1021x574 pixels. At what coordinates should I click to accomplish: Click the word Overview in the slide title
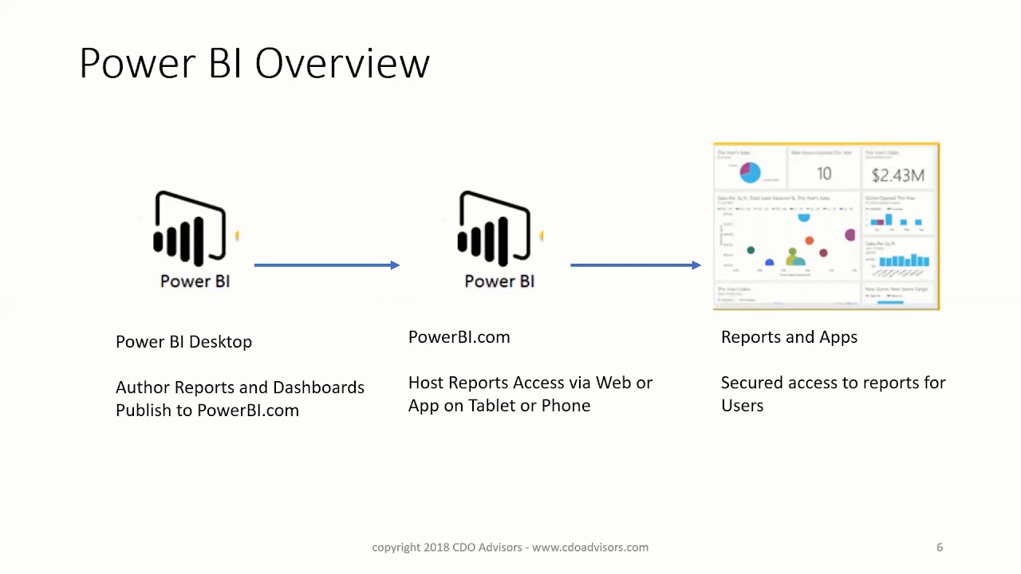tap(342, 63)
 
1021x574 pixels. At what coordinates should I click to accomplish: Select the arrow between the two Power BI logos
tap(327, 265)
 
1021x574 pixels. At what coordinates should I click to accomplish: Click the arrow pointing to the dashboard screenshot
tap(636, 265)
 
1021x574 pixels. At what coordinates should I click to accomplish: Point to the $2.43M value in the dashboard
tap(897, 175)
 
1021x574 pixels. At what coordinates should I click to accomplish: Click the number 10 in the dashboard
tap(824, 174)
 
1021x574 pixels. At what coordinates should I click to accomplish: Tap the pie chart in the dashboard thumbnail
tap(750, 172)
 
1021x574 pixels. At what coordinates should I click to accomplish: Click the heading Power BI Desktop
tap(183, 342)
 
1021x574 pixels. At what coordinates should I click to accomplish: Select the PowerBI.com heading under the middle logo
tap(459, 337)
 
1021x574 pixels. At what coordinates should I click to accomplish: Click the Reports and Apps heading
tap(789, 337)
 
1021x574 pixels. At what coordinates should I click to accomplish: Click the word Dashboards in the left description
tap(318, 387)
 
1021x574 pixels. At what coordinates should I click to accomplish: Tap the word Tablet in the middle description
tap(491, 406)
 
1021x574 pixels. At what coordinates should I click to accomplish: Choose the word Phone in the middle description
tap(566, 406)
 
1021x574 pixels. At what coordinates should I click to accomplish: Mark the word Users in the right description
tap(742, 406)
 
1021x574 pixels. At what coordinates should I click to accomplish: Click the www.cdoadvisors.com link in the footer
tap(590, 548)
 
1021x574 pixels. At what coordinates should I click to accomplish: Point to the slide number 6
tap(939, 548)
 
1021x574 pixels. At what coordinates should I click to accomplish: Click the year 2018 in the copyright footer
tap(436, 548)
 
